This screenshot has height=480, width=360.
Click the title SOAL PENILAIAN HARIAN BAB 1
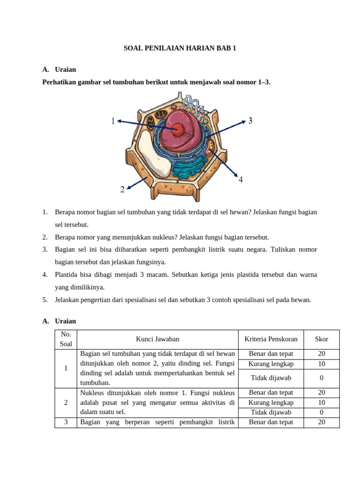(x=180, y=48)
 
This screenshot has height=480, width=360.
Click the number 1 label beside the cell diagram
(x=113, y=121)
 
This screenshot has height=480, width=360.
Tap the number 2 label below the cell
(x=122, y=189)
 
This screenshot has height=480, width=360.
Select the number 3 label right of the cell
(x=250, y=121)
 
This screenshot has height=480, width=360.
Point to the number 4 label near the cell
(x=240, y=180)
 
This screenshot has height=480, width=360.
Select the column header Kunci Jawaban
(x=157, y=339)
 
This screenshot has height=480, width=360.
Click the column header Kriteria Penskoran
(x=271, y=339)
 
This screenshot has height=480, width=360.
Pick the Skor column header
(x=322, y=339)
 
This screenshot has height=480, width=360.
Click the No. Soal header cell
(x=66, y=339)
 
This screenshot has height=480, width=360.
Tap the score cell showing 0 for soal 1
(x=322, y=378)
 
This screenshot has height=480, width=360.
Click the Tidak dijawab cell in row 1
(x=271, y=378)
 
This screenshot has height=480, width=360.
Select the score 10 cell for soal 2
(x=322, y=403)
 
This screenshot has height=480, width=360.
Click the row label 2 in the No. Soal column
(x=66, y=402)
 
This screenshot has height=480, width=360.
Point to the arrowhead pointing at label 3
(x=244, y=121)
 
